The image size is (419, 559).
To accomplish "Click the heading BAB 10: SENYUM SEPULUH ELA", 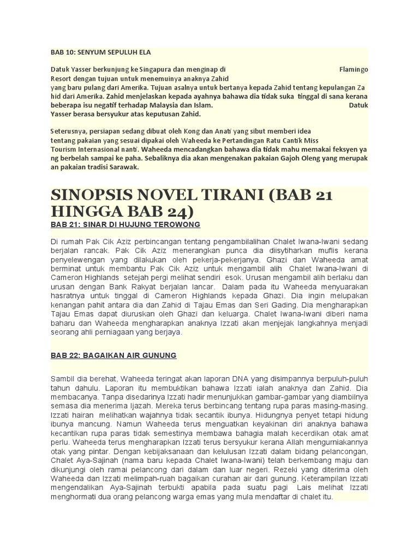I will coord(100,52).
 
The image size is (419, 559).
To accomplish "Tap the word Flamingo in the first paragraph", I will coord(354,70).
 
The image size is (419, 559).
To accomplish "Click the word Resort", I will coord(62,79).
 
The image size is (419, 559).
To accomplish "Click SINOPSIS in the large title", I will coord(97,196).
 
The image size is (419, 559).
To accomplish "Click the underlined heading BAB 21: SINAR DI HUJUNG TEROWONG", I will coord(125,225).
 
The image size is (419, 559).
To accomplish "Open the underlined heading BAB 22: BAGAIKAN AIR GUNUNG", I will coord(113,355).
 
